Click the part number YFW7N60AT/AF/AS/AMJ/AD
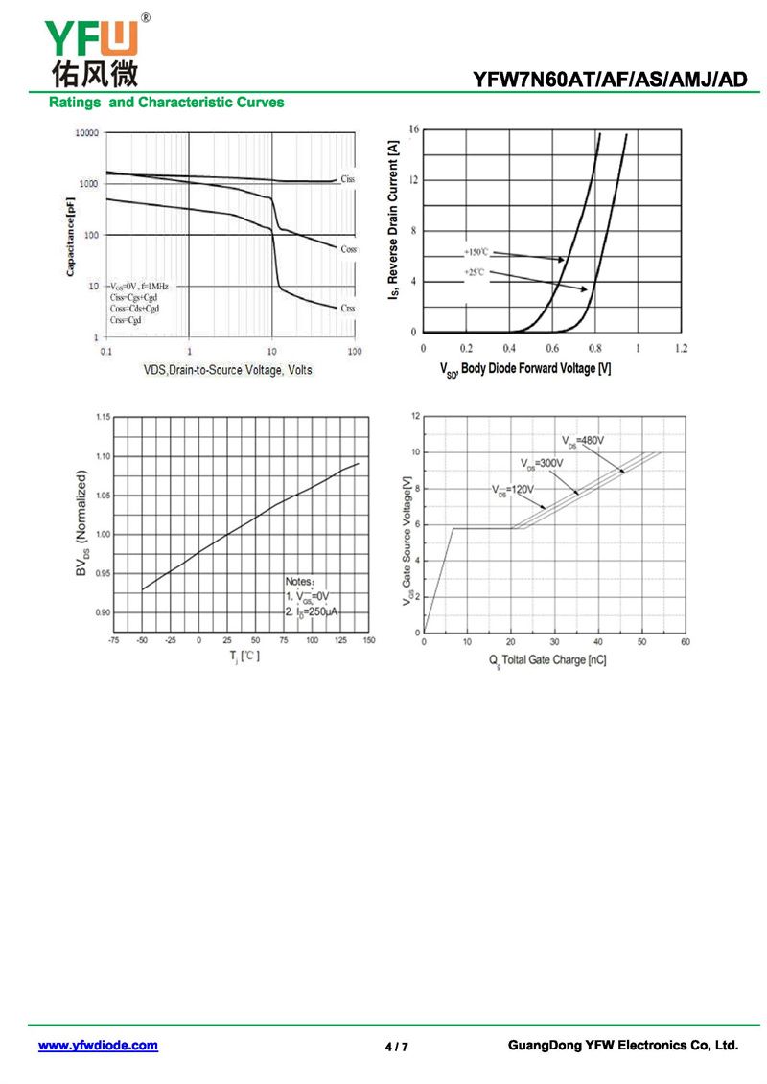609,80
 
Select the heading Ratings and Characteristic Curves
167,103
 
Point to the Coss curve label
349,249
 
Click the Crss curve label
347,308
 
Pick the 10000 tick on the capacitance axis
87,133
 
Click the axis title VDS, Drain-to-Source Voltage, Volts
227,369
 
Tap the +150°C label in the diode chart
476,252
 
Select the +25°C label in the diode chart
476,273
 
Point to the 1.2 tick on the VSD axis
681,348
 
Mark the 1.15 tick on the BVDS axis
102,417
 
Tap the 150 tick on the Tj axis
369,639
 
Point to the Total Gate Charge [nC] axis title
547,660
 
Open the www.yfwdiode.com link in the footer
98,1046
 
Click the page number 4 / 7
396,1047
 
